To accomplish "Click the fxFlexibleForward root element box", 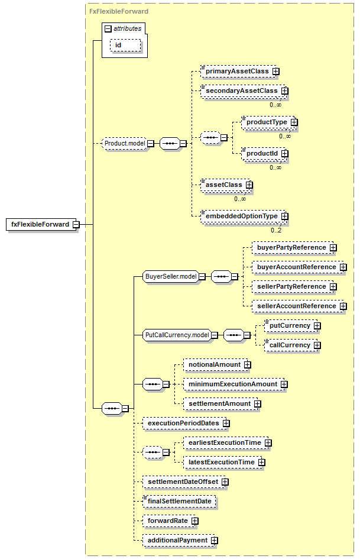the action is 41,224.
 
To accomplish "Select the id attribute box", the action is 125,46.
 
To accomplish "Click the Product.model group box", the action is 124,143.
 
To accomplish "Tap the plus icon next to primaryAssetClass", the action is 276,72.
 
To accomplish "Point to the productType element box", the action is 268,122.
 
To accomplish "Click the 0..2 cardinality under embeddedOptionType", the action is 276,230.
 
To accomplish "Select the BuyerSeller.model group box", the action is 171,276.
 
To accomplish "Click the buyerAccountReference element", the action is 297,267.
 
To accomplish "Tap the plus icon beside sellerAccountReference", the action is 343,306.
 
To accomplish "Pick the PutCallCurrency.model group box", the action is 177,335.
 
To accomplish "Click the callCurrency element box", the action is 291,345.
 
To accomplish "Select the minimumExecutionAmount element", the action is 234,384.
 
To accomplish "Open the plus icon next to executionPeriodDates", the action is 226,423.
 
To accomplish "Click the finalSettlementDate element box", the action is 179,501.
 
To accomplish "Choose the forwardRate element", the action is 169,521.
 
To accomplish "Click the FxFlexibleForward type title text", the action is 119,11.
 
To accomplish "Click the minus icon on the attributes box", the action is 108,29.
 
